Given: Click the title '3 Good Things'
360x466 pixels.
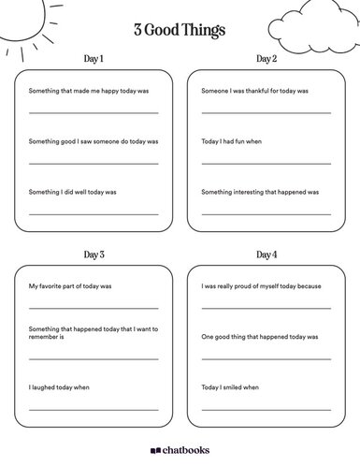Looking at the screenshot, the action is click(180, 31).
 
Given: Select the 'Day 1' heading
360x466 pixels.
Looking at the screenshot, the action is click(94, 59).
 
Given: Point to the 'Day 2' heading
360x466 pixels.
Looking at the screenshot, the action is click(266, 59).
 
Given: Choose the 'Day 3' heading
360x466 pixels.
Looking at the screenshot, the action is click(94, 255).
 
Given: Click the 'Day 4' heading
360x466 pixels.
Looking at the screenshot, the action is click(266, 255).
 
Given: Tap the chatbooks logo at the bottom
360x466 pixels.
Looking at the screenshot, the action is click(180, 450).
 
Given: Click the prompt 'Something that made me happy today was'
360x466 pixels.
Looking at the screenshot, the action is click(88, 92).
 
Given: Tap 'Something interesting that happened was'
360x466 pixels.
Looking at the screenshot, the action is click(260, 191).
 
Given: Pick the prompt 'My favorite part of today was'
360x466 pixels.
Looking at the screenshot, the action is click(70, 285).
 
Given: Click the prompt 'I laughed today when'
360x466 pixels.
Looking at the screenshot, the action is click(60, 386).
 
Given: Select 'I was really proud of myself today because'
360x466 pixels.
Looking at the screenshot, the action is click(261, 285).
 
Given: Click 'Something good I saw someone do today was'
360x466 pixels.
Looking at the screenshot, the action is click(94, 141).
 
